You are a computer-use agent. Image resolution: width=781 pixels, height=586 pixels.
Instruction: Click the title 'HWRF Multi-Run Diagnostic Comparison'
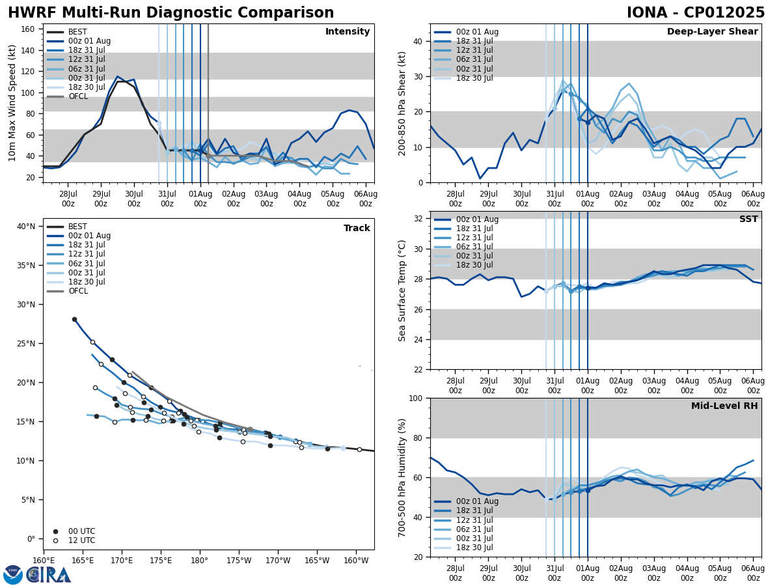(x=171, y=13)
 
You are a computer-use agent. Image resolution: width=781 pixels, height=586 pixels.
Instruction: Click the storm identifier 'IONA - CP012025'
(x=695, y=13)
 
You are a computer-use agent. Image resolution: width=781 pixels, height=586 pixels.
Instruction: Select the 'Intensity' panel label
(x=348, y=32)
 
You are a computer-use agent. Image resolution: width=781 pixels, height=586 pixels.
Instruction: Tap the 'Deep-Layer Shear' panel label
(x=712, y=32)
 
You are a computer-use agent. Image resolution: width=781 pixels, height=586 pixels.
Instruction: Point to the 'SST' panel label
(x=748, y=219)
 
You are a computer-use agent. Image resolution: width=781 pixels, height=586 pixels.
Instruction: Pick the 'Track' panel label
(x=357, y=229)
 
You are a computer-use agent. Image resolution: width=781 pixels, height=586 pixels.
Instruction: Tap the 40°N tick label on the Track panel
(x=26, y=227)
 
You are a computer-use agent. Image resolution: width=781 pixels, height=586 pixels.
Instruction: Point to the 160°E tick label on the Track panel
(x=44, y=561)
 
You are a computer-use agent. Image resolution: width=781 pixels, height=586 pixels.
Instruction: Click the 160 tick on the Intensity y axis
(x=29, y=29)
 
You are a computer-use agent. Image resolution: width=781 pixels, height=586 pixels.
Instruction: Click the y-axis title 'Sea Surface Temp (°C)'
(x=402, y=290)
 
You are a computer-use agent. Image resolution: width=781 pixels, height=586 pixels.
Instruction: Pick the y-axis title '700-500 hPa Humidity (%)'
(x=402, y=477)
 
